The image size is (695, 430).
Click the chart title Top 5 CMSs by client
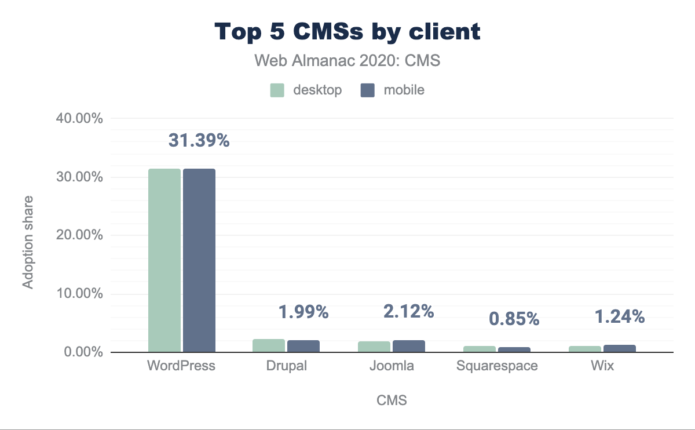point(348,32)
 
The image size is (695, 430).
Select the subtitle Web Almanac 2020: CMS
point(348,61)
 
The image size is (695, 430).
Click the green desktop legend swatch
point(277,90)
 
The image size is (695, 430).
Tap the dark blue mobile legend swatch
point(367,90)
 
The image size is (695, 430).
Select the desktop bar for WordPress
point(164,260)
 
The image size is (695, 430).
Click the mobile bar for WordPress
point(199,260)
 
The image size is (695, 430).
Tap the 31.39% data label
point(199,140)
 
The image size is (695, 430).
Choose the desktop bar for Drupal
point(269,345)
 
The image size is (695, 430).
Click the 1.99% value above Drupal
point(303,312)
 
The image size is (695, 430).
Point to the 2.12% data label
point(408,312)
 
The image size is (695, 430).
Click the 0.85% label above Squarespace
point(514,318)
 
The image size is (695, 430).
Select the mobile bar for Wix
point(620,348)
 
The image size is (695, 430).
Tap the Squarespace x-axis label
point(497,366)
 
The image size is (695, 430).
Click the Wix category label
point(602,366)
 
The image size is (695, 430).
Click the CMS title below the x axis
point(392,400)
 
